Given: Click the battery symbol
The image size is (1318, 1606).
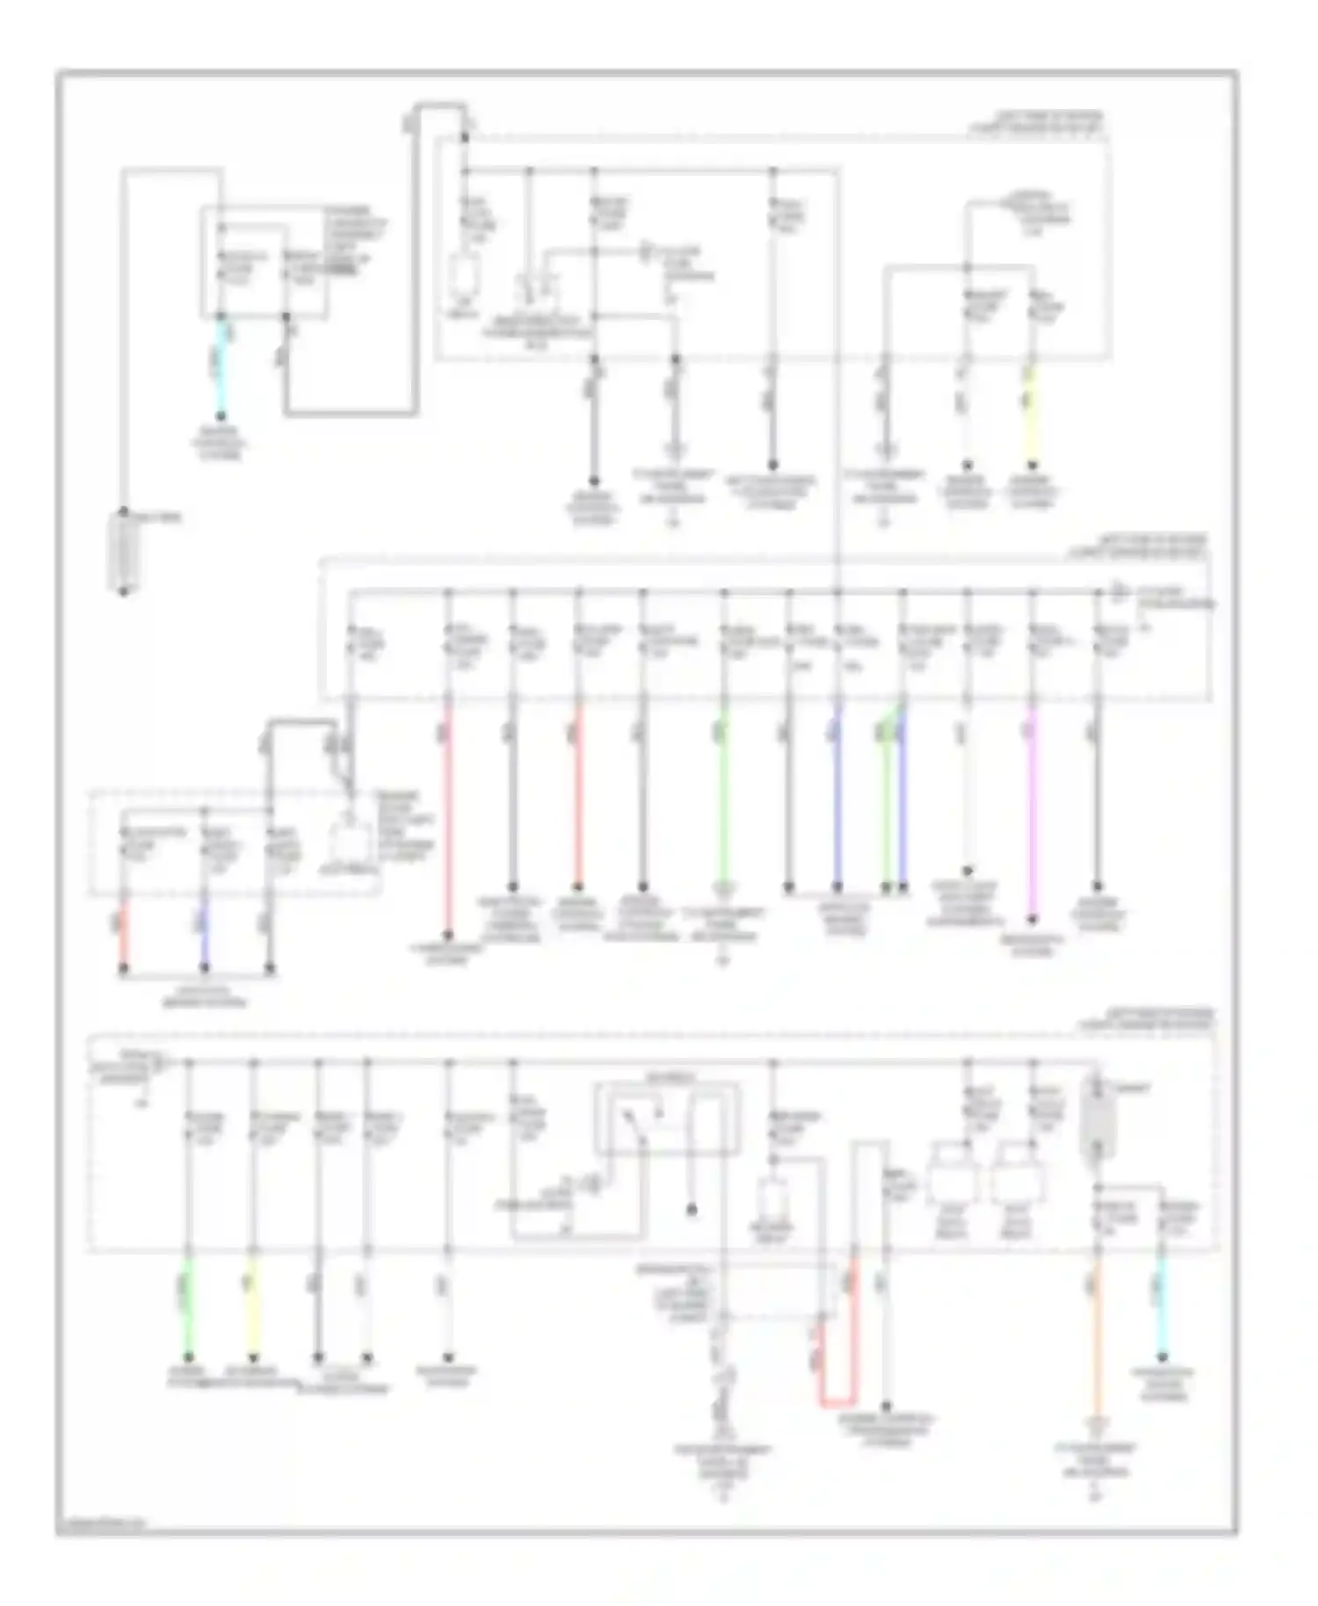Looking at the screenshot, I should coord(124,552).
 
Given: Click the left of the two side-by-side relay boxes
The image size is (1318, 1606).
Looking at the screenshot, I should coord(953,1173).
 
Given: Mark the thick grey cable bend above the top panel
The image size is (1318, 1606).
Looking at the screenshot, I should coord(439,107).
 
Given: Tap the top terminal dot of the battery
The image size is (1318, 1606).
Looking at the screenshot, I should coord(124,511).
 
